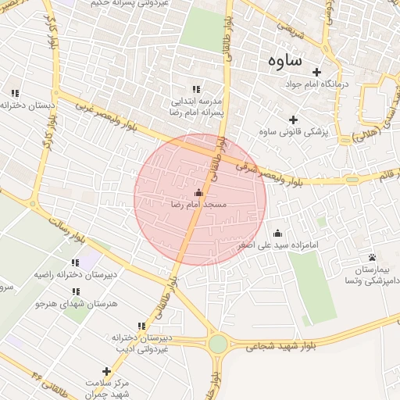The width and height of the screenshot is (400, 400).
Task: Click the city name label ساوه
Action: pos(285,60)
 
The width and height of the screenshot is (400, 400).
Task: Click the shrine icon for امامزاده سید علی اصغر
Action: pos(277,233)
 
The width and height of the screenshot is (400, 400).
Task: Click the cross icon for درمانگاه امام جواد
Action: pos(316,72)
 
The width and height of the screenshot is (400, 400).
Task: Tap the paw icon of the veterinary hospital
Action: pos(372,258)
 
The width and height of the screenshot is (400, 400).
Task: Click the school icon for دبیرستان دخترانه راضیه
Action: pos(75,263)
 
